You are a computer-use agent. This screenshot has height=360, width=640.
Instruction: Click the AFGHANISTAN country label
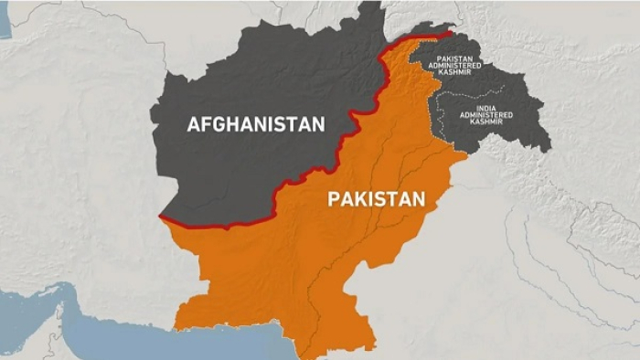(255, 123)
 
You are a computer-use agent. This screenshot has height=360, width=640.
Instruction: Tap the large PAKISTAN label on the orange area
(376, 198)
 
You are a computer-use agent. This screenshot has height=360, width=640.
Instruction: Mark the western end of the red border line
(161, 217)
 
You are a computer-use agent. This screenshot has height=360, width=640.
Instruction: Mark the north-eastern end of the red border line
(450, 34)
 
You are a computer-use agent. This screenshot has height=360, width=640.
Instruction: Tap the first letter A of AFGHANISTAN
(194, 123)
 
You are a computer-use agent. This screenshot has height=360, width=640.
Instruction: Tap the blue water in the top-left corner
(5, 18)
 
